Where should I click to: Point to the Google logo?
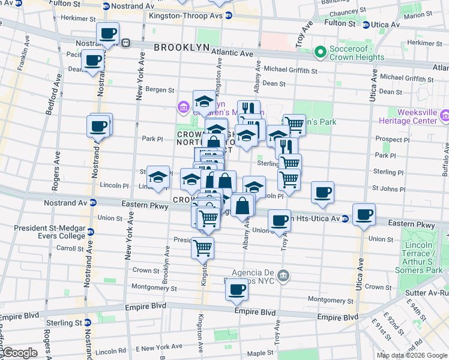tap(19, 353)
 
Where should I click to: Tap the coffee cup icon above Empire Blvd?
tap(237, 290)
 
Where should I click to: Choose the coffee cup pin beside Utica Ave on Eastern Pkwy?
tap(364, 214)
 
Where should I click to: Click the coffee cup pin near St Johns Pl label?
tap(323, 192)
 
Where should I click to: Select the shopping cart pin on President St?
tap(202, 247)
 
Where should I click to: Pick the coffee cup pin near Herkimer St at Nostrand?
tap(107, 33)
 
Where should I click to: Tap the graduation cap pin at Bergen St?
tap(204, 100)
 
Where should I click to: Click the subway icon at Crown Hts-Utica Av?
tap(345, 219)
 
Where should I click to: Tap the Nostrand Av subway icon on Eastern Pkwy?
tap(92, 203)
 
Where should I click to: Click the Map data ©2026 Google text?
tap(411, 355)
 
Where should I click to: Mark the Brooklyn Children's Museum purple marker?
tap(182, 108)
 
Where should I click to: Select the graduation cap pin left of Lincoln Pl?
tap(158, 177)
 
